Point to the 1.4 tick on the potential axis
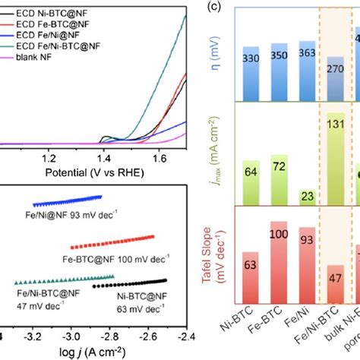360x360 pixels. tap(105, 159)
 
